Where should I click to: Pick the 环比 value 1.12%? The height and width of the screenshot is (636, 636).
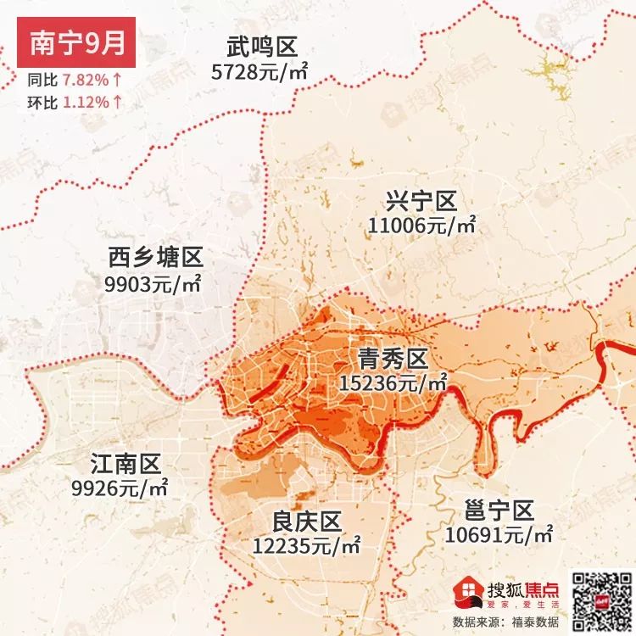[86, 102]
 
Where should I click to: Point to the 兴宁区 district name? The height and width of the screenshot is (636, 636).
[421, 202]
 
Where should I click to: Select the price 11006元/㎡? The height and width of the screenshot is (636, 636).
[422, 226]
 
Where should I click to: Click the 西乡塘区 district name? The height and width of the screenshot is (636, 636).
[156, 258]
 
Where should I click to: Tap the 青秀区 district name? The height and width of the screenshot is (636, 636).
[393, 357]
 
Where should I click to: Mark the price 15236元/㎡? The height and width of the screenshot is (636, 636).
[393, 382]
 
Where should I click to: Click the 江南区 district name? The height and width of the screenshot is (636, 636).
[126, 464]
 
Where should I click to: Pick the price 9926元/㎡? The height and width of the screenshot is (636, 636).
[120, 488]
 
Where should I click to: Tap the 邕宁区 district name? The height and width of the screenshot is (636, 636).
[500, 511]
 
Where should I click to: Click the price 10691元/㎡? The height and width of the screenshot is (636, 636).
[499, 535]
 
